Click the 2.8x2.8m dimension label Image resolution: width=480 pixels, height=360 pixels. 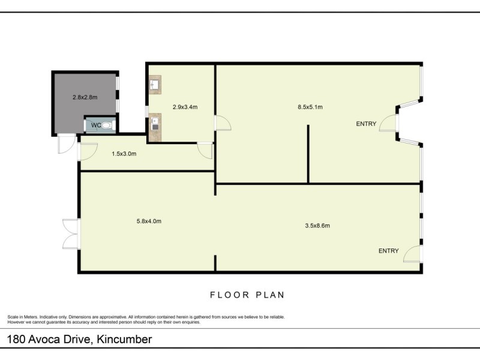(85, 97)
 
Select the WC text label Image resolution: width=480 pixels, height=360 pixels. (96, 125)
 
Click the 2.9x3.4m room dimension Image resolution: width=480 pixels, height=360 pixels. (185, 107)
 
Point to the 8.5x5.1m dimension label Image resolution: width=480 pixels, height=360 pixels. (310, 107)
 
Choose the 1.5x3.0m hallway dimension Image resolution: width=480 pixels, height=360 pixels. (124, 154)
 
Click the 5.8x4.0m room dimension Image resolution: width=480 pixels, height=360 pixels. (149, 221)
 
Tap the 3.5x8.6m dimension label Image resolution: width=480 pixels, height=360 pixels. (317, 226)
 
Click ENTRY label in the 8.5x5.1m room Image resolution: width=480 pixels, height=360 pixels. (366, 124)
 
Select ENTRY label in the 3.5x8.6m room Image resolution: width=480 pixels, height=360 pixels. (388, 251)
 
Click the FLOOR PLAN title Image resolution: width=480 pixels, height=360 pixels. (247, 295)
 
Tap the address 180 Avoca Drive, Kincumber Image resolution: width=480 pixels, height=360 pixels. (79, 339)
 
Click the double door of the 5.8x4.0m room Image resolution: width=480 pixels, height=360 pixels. (71, 234)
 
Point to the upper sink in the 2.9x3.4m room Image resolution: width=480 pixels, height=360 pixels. (154, 83)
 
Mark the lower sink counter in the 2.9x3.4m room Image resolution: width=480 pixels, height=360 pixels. (155, 127)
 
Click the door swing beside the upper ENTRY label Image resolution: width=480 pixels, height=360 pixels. (388, 123)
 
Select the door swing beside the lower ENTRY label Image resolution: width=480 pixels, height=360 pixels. (412, 254)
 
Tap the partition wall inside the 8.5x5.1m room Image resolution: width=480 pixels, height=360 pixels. (308, 154)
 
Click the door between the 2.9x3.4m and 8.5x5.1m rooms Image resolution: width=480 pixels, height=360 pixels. (223, 123)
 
